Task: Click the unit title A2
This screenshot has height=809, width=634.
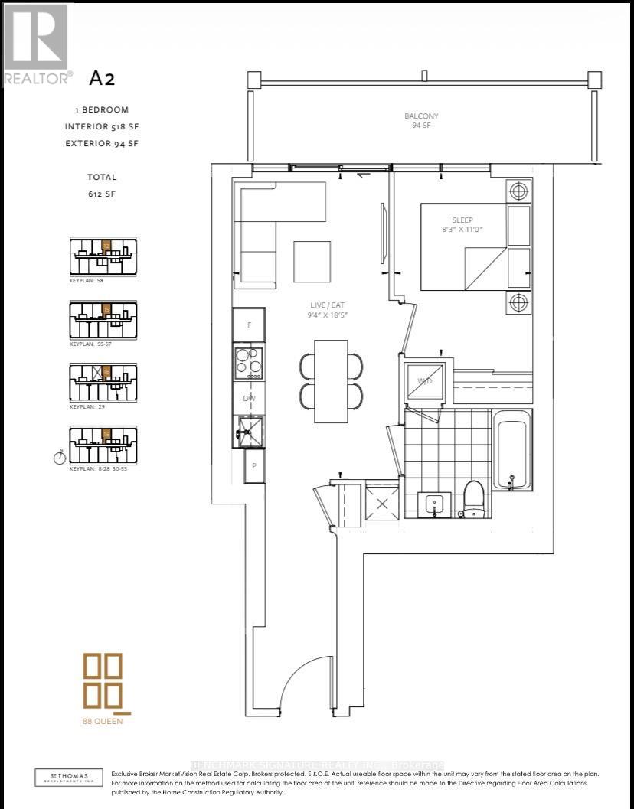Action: click(102, 78)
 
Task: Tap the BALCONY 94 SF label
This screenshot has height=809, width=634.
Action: click(421, 120)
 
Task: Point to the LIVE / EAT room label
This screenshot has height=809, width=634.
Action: click(321, 308)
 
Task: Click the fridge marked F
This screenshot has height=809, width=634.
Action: click(250, 325)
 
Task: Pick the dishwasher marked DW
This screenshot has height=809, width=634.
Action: click(250, 398)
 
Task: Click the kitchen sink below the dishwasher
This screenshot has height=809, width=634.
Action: click(250, 430)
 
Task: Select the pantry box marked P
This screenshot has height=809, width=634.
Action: click(253, 465)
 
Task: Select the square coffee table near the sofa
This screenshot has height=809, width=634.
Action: click(312, 260)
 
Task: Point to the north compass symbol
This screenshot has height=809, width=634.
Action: click(59, 458)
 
